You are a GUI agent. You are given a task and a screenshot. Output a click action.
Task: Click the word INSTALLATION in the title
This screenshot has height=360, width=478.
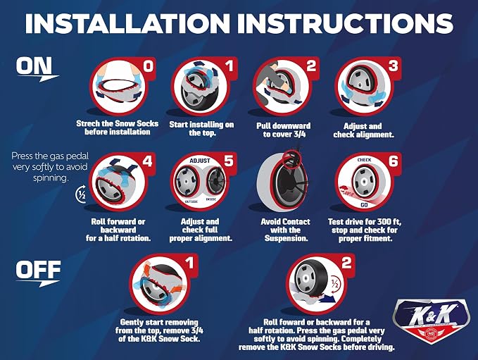(x=127, y=23)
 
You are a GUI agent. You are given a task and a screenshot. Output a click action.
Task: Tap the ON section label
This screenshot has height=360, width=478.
(x=34, y=66)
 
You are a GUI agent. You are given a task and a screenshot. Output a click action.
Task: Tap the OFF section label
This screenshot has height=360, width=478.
(x=39, y=271)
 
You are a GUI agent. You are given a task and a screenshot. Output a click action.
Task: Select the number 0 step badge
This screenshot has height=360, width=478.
(x=149, y=66)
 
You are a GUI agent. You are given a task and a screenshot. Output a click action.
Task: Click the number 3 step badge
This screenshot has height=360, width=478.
(x=394, y=66)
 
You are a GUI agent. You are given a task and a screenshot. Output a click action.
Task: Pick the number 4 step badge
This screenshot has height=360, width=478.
(x=148, y=161)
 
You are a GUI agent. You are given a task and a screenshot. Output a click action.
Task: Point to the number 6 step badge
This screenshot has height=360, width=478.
(x=394, y=161)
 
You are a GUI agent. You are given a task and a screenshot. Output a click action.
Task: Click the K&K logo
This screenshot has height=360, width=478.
(x=430, y=321)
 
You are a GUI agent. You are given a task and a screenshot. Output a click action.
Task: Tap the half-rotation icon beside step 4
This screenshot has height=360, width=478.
(x=82, y=194)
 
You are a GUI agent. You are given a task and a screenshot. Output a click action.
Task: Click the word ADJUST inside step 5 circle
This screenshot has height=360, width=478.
(x=200, y=161)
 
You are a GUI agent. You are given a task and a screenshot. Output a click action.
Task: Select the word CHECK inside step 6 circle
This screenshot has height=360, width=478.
(x=364, y=160)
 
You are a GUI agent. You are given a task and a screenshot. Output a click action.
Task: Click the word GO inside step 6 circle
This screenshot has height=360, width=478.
(x=364, y=205)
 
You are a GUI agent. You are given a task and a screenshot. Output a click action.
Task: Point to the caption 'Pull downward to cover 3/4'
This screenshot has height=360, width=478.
(x=284, y=130)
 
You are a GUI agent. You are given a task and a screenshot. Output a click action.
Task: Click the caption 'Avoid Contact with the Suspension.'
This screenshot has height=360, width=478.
(x=286, y=230)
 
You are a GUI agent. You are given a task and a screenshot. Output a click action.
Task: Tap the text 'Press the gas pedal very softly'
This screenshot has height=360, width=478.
(x=50, y=161)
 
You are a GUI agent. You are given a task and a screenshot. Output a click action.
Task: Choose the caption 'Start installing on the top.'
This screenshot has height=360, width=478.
(x=201, y=128)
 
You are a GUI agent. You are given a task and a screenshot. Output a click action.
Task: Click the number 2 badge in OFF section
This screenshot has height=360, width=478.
(x=346, y=263)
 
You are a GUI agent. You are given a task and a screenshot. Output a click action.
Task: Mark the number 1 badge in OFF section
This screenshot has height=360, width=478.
(x=189, y=263)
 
